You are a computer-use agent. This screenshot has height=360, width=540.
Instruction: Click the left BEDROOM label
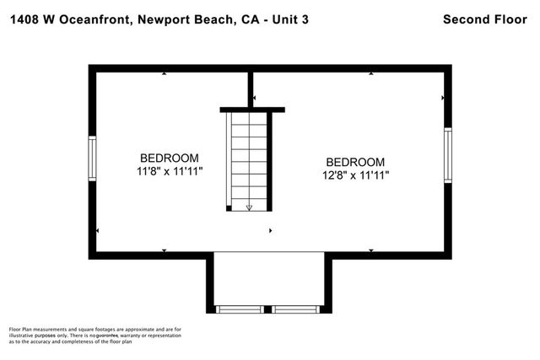click(x=170, y=158)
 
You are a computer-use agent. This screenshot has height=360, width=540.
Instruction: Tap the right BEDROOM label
click(x=355, y=162)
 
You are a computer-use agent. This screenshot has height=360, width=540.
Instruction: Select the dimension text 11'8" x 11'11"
click(x=170, y=171)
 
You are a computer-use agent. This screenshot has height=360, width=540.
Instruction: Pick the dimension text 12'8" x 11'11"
click(x=355, y=175)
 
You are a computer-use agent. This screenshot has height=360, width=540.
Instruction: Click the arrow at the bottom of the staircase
click(x=249, y=205)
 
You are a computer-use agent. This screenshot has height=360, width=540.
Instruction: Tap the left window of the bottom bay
click(x=242, y=309)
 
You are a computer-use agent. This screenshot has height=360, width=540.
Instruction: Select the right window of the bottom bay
click(x=296, y=309)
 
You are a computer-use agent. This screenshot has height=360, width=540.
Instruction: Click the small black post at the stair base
click(x=229, y=207)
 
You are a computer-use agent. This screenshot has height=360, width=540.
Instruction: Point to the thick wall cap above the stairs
click(x=252, y=109)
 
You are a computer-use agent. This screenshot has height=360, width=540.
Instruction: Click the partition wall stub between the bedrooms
click(x=251, y=89)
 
